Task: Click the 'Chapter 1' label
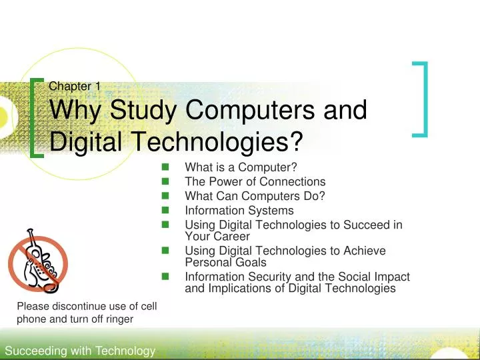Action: (75, 85)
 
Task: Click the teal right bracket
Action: (420, 99)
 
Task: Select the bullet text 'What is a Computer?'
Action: (240, 167)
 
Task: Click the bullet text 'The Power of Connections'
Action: (255, 181)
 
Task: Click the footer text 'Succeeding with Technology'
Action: (79, 351)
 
